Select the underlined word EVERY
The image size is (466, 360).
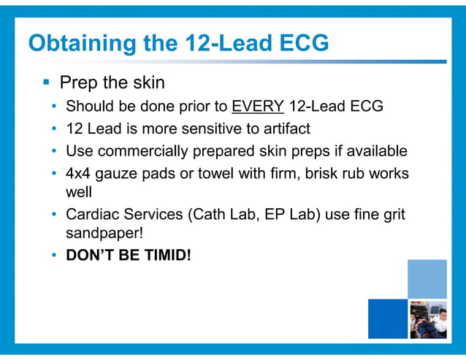(x=258, y=107)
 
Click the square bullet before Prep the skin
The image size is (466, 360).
(x=45, y=82)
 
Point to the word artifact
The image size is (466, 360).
(x=283, y=129)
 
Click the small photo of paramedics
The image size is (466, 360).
(x=427, y=319)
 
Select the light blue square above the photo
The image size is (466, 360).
(x=427, y=278)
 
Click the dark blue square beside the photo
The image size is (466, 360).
(x=387, y=319)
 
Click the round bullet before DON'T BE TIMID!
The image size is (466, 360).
(x=55, y=257)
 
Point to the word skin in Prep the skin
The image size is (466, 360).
(x=148, y=82)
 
